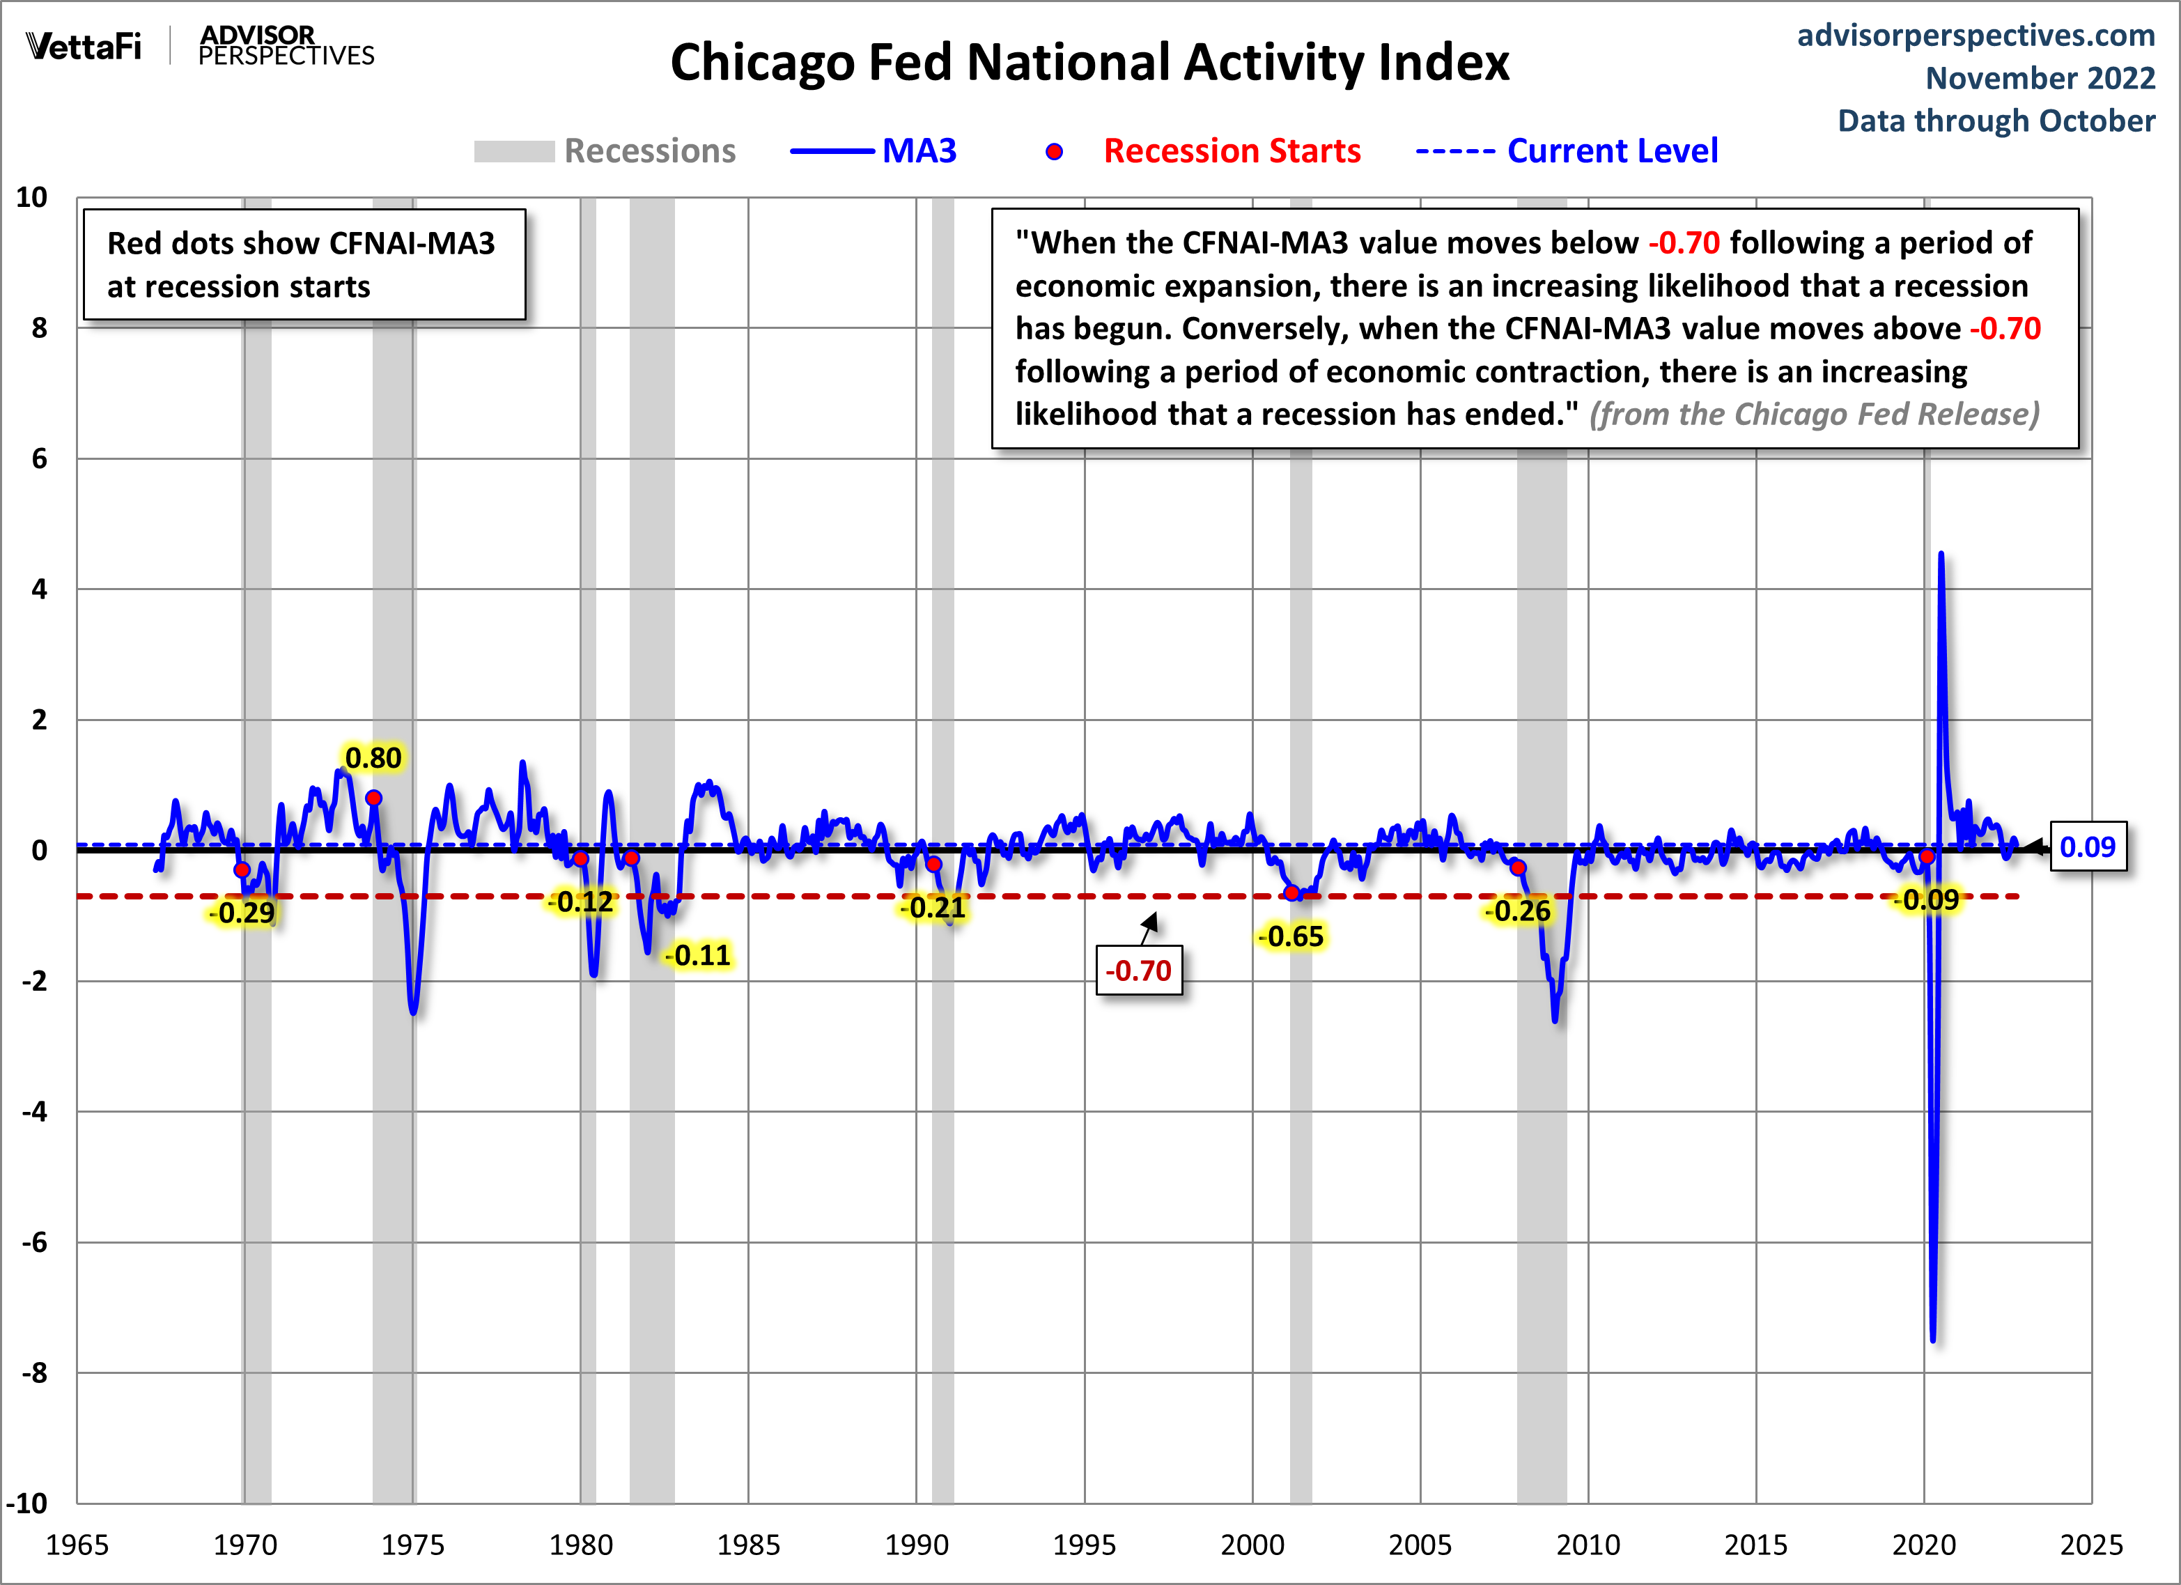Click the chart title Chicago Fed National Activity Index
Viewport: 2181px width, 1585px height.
[x=1089, y=63]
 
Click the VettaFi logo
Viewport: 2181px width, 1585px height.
[x=84, y=46]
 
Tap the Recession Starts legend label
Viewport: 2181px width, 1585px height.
[x=1231, y=151]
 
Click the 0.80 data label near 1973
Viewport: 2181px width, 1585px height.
[x=373, y=758]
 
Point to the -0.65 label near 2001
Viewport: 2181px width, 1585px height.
[x=1291, y=936]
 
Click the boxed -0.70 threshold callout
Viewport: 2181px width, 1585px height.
[x=1139, y=971]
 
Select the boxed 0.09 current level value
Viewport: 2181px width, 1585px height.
[x=2087, y=847]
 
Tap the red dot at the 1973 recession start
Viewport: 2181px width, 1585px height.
[x=374, y=798]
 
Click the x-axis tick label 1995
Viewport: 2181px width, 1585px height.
[x=1084, y=1545]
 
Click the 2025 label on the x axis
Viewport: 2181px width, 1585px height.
[x=2090, y=1545]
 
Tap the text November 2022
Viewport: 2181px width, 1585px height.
[x=2040, y=78]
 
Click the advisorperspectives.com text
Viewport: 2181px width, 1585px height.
[x=1976, y=36]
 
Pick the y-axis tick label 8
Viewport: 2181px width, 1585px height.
[x=40, y=328]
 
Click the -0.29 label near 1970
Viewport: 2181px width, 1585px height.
[x=242, y=913]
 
